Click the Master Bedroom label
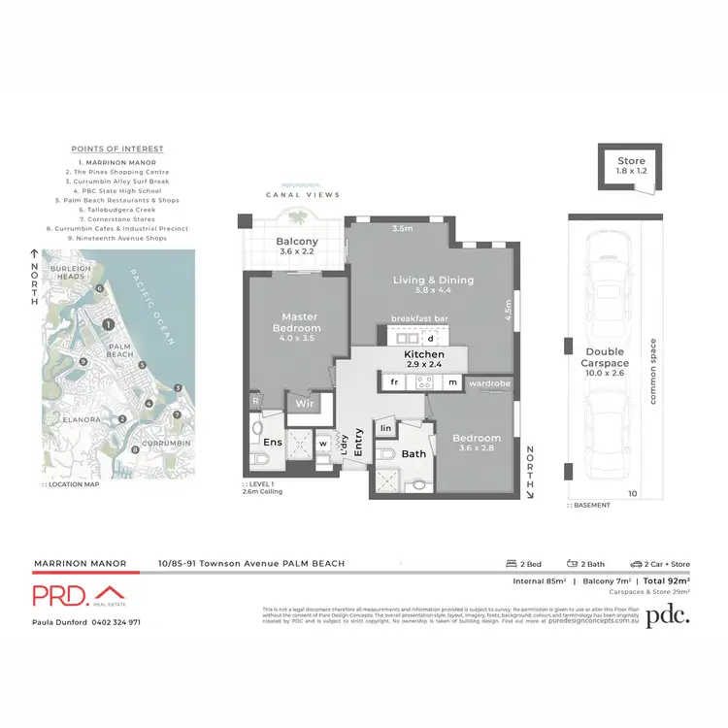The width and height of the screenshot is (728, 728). pyautogui.click(x=301, y=322)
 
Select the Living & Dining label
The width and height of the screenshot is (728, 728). pyautogui.click(x=433, y=281)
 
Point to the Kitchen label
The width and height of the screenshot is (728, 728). pyautogui.click(x=423, y=355)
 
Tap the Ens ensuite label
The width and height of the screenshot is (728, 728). pyautogui.click(x=273, y=442)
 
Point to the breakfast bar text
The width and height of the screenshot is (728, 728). pyautogui.click(x=418, y=318)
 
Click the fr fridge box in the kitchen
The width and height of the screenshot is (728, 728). pyautogui.click(x=395, y=383)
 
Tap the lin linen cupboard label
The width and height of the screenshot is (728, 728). pyautogui.click(x=385, y=428)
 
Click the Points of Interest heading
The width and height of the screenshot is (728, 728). pyautogui.click(x=117, y=149)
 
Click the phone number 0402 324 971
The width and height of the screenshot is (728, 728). pyautogui.click(x=116, y=622)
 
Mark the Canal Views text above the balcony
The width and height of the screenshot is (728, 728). pyautogui.click(x=304, y=195)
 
